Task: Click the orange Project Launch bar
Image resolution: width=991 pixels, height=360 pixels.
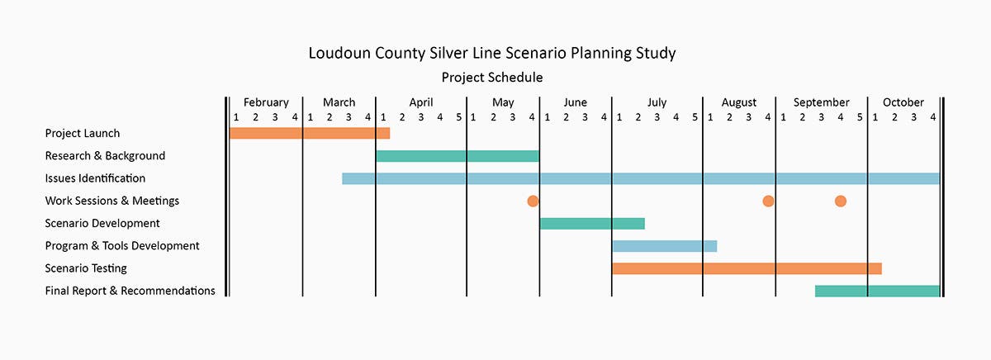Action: pyautogui.click(x=309, y=133)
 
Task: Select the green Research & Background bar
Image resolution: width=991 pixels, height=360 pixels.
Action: pyautogui.click(x=457, y=155)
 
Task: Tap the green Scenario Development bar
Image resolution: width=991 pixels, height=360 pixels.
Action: pyautogui.click(x=591, y=223)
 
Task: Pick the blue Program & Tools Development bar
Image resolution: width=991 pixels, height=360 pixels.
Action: pyautogui.click(x=664, y=245)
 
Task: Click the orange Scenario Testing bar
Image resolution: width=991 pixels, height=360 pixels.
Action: pyautogui.click(x=747, y=268)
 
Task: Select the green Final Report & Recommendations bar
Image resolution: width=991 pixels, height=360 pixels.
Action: pyautogui.click(x=877, y=291)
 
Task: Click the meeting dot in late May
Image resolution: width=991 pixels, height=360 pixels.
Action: pyautogui.click(x=533, y=201)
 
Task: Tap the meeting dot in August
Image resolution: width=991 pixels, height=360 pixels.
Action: pyautogui.click(x=768, y=201)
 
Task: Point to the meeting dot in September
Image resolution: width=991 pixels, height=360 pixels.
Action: pyautogui.click(x=841, y=201)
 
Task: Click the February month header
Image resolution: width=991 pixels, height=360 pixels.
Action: pyautogui.click(x=266, y=102)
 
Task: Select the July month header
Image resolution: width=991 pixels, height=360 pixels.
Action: pyautogui.click(x=657, y=102)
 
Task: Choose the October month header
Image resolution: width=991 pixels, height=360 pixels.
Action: pyautogui.click(x=903, y=102)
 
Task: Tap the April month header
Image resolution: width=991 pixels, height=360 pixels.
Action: pyautogui.click(x=420, y=102)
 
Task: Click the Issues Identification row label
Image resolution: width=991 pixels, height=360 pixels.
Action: pyautogui.click(x=95, y=178)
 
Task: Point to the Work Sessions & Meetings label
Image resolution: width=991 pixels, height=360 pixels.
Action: pyautogui.click(x=111, y=201)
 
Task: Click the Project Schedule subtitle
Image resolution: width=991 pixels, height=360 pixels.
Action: pyautogui.click(x=492, y=78)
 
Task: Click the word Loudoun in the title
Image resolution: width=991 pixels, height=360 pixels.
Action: pyautogui.click(x=337, y=54)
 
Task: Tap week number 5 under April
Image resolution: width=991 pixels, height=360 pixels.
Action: pyautogui.click(x=459, y=117)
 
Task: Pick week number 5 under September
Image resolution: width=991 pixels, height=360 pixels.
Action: pyautogui.click(x=860, y=117)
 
